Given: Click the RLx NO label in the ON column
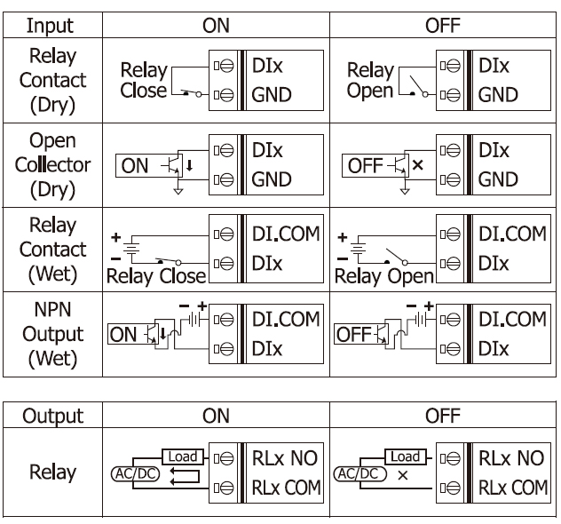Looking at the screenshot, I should [286, 459].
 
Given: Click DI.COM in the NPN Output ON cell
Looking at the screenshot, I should [286, 318].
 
